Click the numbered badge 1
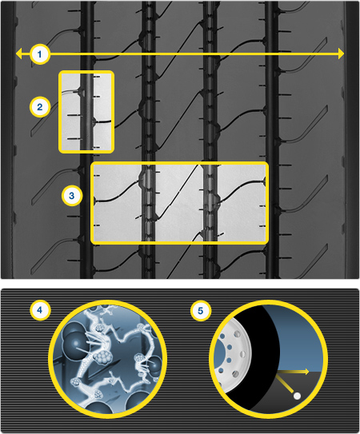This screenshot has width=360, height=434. [x=40, y=54]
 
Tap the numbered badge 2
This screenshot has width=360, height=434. [x=40, y=107]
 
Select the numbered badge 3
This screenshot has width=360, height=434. [x=72, y=196]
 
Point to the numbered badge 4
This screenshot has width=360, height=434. [x=40, y=310]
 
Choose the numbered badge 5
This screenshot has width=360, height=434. [x=201, y=311]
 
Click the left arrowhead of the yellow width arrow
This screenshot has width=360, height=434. [x=19, y=54]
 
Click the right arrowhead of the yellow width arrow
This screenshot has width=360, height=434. [x=341, y=54]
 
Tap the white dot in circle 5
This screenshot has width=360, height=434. [x=297, y=396]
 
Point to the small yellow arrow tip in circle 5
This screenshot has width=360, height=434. [x=306, y=372]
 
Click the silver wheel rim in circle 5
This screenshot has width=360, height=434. [x=234, y=357]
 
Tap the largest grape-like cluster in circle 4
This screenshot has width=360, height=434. [x=102, y=357]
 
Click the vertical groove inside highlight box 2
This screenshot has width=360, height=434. [x=86, y=112]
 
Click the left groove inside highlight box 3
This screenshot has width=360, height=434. [x=148, y=203]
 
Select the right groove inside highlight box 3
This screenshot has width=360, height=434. [x=210, y=203]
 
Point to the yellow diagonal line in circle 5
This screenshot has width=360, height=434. [x=286, y=384]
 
